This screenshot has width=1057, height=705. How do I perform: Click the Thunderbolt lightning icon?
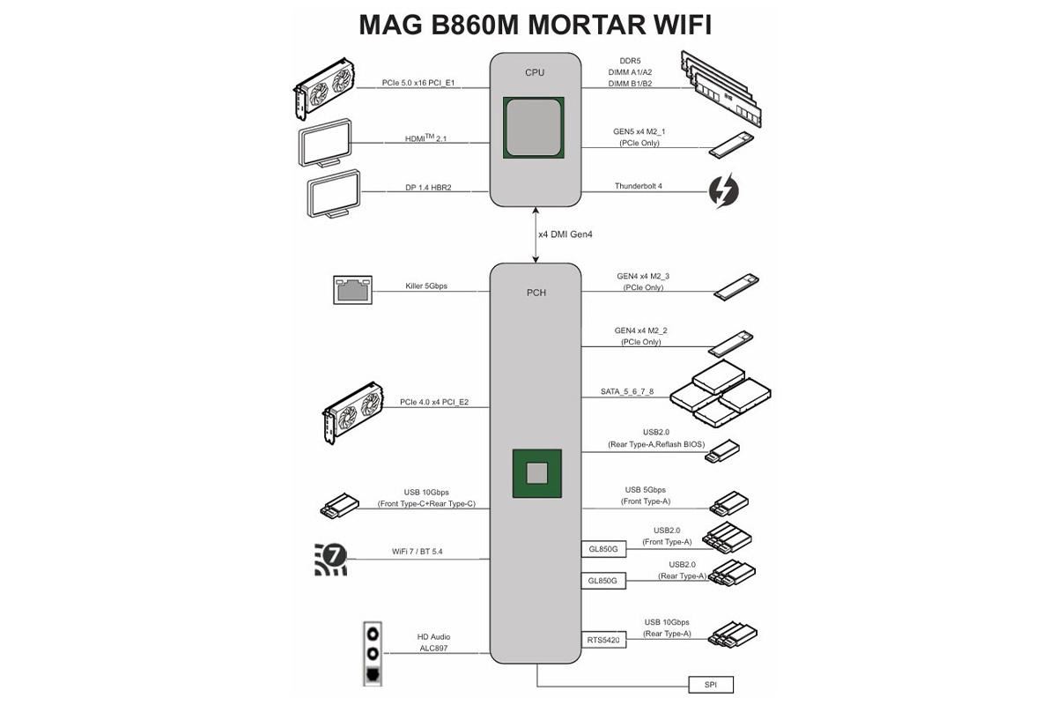pyautogui.click(x=724, y=191)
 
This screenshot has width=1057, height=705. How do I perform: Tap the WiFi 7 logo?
pyautogui.click(x=331, y=559)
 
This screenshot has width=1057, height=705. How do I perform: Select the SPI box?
pyautogui.click(x=710, y=684)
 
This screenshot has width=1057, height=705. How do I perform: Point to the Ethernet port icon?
pyautogui.click(x=352, y=289)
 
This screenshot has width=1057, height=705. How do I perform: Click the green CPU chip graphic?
pyautogui.click(x=534, y=129)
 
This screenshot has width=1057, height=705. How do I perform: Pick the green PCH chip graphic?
pyautogui.click(x=537, y=472)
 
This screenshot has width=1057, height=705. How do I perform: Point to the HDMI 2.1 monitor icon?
pyautogui.click(x=325, y=143)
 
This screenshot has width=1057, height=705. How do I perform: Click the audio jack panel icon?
pyautogui.click(x=373, y=653)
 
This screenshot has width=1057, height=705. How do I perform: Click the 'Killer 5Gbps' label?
pyautogui.click(x=427, y=286)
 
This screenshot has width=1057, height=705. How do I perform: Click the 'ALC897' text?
pyautogui.click(x=434, y=649)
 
